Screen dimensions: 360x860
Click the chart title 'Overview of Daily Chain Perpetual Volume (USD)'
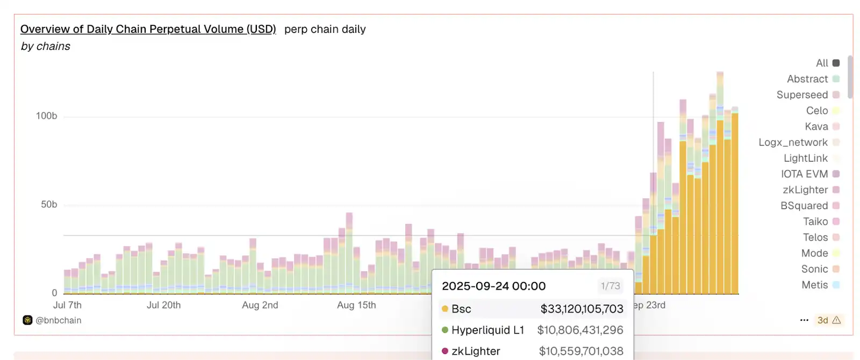click(148, 29)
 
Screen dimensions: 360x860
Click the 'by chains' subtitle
click(46, 46)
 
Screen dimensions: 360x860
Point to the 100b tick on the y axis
click(46, 116)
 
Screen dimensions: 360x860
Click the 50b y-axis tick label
click(49, 205)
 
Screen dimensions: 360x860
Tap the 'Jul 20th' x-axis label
click(164, 305)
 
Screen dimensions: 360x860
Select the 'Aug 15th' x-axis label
click(356, 305)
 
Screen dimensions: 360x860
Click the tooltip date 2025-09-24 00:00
click(493, 286)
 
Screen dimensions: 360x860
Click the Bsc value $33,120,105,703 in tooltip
click(582, 309)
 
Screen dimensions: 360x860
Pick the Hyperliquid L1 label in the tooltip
click(487, 330)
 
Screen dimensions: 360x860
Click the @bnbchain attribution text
click(58, 320)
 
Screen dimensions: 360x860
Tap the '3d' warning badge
click(828, 320)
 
